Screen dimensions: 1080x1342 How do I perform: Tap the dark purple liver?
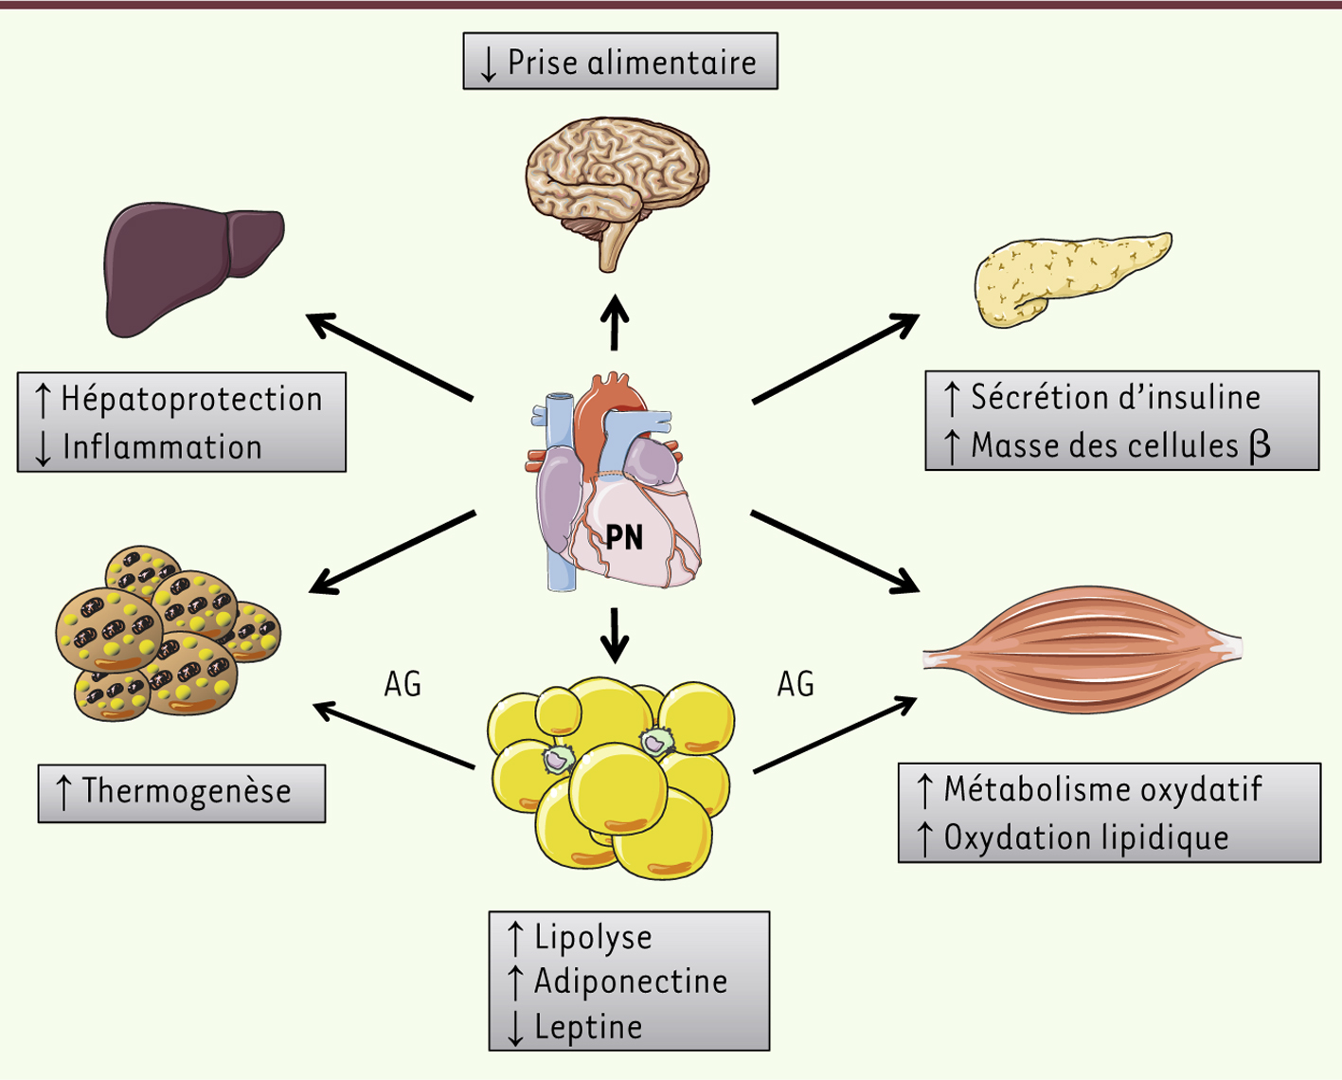189,265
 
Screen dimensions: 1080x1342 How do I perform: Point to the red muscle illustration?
1080,649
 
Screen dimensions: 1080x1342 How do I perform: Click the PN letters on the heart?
624,537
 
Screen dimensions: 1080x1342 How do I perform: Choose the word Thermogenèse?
187,791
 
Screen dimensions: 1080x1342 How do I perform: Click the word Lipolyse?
593,937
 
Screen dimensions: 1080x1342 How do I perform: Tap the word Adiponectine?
631,981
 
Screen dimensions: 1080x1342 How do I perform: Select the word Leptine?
588,1027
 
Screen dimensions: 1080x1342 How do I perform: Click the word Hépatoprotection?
191,399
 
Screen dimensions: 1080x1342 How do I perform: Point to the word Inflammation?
162,447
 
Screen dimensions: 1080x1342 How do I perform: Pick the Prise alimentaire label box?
620,62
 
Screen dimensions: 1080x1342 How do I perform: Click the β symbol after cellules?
1260,445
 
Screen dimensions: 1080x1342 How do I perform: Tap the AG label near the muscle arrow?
796,684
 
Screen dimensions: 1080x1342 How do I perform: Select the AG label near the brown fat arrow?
403,684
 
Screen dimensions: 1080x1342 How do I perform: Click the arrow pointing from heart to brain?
616,322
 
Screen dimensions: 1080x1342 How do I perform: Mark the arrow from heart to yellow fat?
616,635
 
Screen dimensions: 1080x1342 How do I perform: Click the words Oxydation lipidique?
1086,837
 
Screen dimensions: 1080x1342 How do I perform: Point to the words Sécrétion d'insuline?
1116,397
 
